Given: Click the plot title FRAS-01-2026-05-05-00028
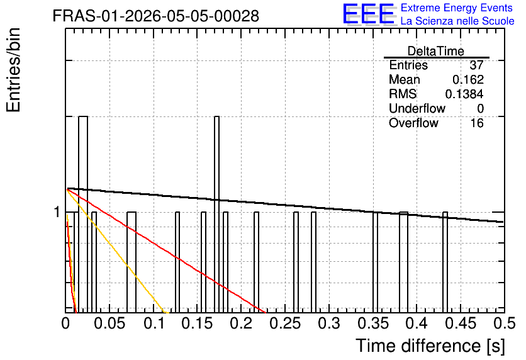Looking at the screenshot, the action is tap(156, 16).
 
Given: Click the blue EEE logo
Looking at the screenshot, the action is tap(369, 14).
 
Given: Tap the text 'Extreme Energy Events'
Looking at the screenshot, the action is tap(457, 8).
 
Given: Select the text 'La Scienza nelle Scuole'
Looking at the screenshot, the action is tap(457, 21).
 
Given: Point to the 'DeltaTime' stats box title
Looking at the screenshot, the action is tap(436, 51).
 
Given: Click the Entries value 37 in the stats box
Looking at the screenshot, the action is tap(476, 65).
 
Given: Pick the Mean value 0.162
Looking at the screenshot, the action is tap(468, 79).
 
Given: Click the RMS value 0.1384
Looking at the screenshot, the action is tap(464, 94).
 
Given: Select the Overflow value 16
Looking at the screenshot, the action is tap(477, 123).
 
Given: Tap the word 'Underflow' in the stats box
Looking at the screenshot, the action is tap(417, 108).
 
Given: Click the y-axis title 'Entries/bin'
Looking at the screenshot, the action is tap(13, 70).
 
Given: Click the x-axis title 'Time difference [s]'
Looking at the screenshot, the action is tap(430, 346).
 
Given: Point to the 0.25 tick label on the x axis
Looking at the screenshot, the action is tap(285, 323).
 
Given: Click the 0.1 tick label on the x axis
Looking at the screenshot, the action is tap(154, 323).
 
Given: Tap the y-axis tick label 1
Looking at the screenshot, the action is tap(57, 212).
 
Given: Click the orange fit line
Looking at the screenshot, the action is tap(116, 251).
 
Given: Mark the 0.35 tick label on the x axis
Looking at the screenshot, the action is tap(373, 323).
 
